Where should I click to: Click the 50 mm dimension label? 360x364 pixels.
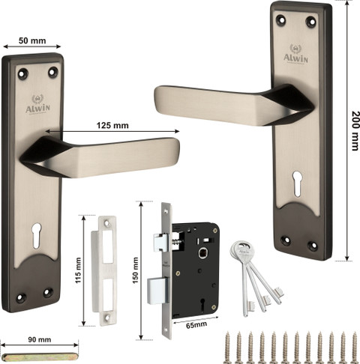point(32,40)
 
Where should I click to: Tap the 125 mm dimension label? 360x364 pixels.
point(112,125)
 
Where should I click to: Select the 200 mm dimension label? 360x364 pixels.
point(355,130)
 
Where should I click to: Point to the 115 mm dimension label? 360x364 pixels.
point(79,270)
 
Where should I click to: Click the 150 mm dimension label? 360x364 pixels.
point(135,270)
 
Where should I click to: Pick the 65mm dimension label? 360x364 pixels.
point(196,325)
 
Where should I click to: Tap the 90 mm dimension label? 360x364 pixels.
point(40,339)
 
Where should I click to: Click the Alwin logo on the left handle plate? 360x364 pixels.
point(37,104)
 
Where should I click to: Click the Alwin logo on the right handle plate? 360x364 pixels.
point(295,54)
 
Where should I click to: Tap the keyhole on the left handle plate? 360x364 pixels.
point(37,235)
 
